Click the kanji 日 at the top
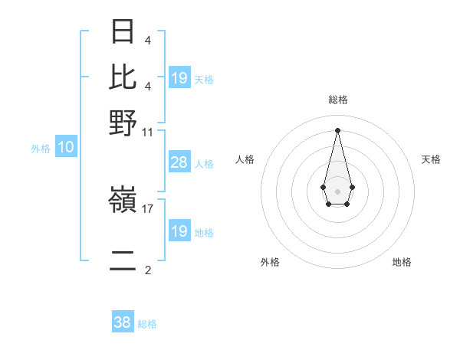[123, 31]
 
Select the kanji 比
[123, 77]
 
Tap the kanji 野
[123, 123]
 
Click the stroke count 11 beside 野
[147, 131]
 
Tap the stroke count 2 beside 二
[147, 270]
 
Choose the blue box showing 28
[179, 162]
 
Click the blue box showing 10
[65, 148]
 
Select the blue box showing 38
[122, 323]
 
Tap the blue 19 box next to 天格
[179, 78]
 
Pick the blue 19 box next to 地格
[179, 231]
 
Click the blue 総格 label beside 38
[147, 324]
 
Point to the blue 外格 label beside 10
[40, 149]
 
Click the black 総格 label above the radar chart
[338, 100]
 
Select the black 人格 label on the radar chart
[245, 159]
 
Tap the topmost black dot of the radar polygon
[337, 129]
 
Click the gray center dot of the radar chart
[337, 190]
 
